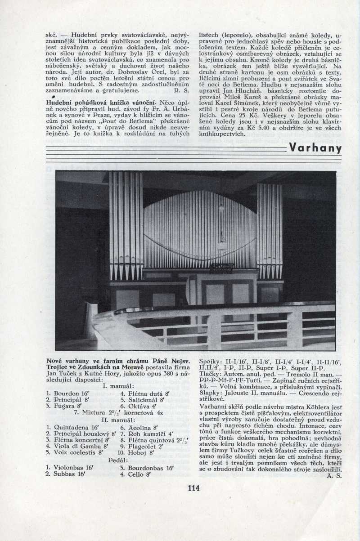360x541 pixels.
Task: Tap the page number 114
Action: [x=193, y=488]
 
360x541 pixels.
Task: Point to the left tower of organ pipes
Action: [x=126, y=225]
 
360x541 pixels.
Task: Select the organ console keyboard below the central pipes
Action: [x=221, y=268]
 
